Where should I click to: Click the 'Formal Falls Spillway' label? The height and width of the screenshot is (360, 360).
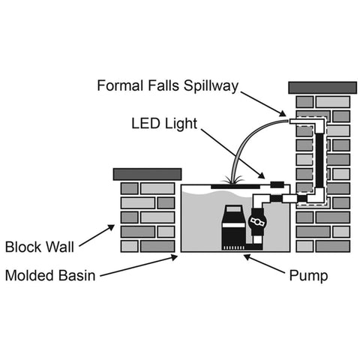tap(167, 85)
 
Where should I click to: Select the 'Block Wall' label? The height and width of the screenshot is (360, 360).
tap(38, 247)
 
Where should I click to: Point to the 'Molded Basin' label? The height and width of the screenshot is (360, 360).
tap(49, 275)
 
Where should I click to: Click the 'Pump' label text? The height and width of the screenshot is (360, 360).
tap(308, 275)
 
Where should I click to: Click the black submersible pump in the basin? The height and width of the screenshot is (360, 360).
tap(230, 223)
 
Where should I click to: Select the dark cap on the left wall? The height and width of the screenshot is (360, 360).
tap(147, 174)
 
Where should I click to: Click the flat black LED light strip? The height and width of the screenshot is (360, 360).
tap(238, 184)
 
